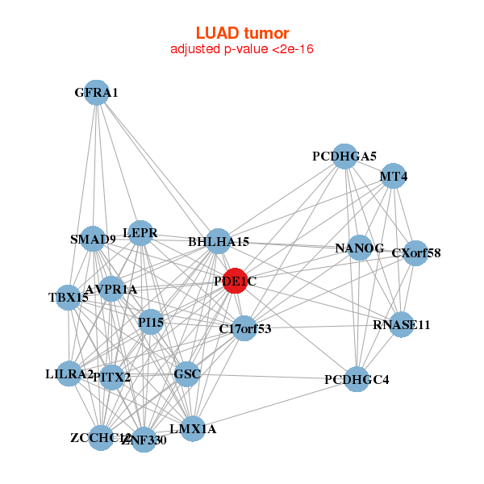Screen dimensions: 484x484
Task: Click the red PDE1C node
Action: click(x=235, y=281)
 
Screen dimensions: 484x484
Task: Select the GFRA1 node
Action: click(x=96, y=93)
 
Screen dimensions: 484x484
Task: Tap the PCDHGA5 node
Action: click(x=344, y=156)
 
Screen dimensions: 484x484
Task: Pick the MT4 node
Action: click(x=393, y=177)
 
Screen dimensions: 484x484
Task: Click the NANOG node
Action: click(x=359, y=248)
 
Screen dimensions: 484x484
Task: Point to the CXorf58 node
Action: click(x=415, y=253)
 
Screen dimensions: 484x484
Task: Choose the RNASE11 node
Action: click(x=401, y=325)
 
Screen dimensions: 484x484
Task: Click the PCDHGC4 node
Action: click(x=357, y=378)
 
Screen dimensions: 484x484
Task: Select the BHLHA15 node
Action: click(x=219, y=241)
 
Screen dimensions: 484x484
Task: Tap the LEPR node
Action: click(x=140, y=233)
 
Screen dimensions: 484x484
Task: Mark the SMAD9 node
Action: click(x=93, y=239)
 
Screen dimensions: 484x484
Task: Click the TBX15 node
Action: click(x=69, y=298)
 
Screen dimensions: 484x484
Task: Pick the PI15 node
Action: click(x=151, y=323)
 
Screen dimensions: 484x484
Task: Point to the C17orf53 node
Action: click(x=244, y=328)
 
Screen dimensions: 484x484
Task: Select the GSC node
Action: click(x=186, y=374)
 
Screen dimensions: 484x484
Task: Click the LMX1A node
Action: click(x=193, y=429)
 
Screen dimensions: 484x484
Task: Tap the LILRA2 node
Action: click(x=69, y=373)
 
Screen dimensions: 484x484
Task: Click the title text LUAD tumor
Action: click(x=242, y=33)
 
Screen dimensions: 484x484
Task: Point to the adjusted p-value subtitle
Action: click(x=242, y=49)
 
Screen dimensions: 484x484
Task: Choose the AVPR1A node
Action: click(x=111, y=289)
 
